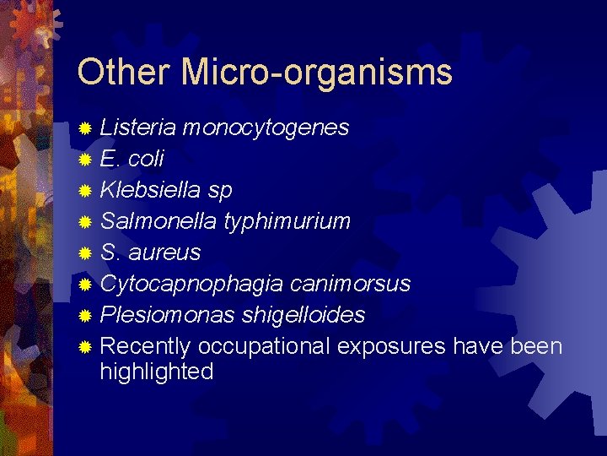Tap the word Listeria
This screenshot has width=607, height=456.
[137, 128]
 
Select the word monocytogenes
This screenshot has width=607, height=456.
[266, 128]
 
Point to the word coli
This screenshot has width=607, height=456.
[146, 159]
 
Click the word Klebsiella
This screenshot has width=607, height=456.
[149, 190]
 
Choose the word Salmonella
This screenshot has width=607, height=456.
[158, 221]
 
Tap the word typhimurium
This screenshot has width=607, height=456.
[287, 222]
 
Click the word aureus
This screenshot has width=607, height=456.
[164, 252]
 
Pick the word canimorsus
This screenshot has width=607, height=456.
[357, 284]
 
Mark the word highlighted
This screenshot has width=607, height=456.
[156, 372]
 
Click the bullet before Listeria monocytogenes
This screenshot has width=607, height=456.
[83, 128]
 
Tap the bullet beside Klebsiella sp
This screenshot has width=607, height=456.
[83, 191]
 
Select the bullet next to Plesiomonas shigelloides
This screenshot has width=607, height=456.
[83, 316]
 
